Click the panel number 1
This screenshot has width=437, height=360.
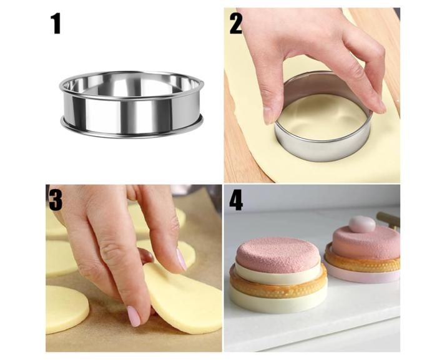[56, 24]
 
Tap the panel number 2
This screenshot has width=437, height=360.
[236, 24]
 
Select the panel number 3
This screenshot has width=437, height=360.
[56, 200]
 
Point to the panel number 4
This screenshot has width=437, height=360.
[236, 200]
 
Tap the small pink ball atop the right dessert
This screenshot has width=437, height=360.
[362, 224]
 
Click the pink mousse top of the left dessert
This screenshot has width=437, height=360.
[277, 254]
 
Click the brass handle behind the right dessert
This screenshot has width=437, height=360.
[388, 218]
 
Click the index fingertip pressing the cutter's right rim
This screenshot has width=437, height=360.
[382, 108]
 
